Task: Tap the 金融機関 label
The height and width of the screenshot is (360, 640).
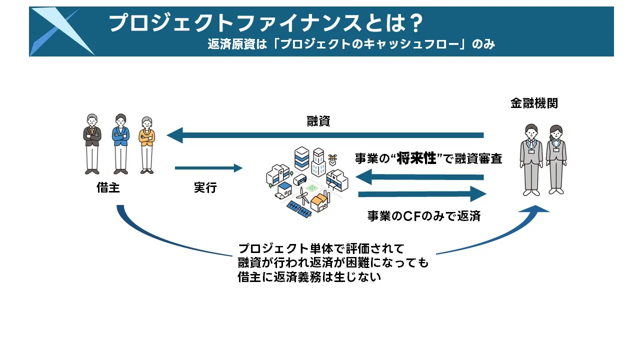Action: pyautogui.click(x=533, y=103)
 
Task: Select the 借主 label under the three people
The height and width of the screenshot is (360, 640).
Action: pyautogui.click(x=108, y=188)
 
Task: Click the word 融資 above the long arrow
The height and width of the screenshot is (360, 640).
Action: pyautogui.click(x=318, y=121)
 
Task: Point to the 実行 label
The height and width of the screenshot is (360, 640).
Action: pyautogui.click(x=205, y=188)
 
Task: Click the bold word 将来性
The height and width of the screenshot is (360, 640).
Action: pyautogui.click(x=416, y=159)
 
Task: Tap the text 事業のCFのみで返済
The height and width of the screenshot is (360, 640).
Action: pyautogui.click(x=423, y=216)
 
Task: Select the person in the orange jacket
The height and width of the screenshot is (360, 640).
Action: pyautogui.click(x=146, y=145)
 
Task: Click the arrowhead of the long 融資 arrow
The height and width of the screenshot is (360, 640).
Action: pyautogui.click(x=174, y=135)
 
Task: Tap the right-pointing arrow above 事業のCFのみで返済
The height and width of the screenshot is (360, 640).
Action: pyautogui.click(x=422, y=194)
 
